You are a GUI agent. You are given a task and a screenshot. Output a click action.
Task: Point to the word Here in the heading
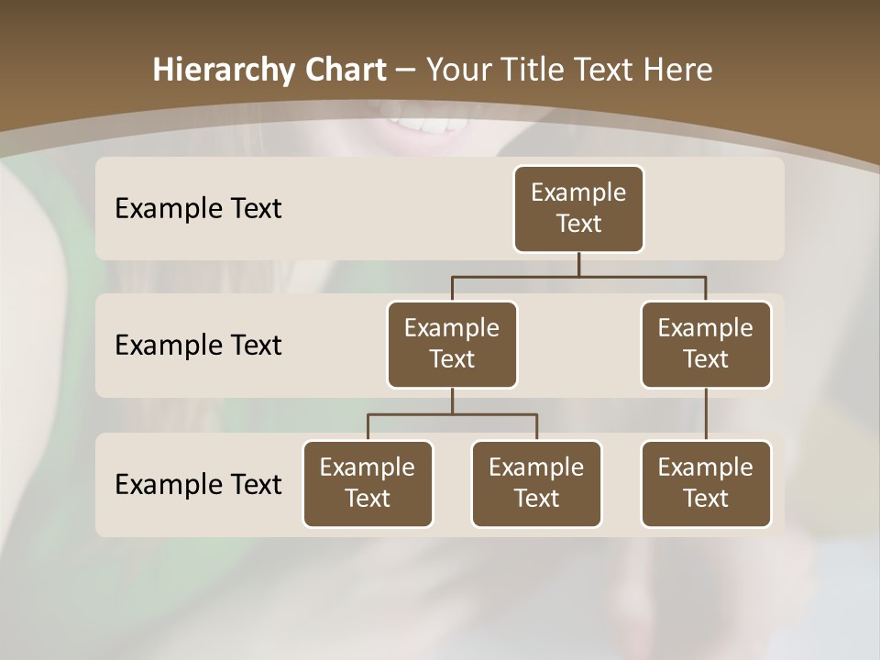pyautogui.click(x=679, y=71)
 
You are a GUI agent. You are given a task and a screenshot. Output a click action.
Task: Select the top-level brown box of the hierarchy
pyautogui.click(x=578, y=209)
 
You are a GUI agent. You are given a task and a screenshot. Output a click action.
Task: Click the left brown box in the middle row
pyautogui.click(x=452, y=345)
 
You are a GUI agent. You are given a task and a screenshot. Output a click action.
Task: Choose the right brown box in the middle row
pyautogui.click(x=706, y=345)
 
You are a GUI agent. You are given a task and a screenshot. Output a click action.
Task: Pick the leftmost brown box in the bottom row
pyautogui.click(x=368, y=484)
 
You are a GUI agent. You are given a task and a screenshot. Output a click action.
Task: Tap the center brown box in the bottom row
pyautogui.click(x=536, y=484)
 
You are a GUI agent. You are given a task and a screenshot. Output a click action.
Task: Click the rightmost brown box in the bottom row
pyautogui.click(x=706, y=484)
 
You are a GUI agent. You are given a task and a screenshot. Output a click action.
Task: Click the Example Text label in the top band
pyautogui.click(x=198, y=209)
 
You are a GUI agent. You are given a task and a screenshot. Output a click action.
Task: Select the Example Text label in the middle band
pyautogui.click(x=198, y=346)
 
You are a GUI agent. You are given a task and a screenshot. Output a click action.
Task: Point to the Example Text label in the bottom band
pyautogui.click(x=198, y=485)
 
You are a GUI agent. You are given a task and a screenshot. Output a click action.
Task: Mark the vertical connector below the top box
pyautogui.click(x=578, y=265)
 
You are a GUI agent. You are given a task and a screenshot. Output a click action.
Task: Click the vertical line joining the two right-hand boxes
pyautogui.click(x=706, y=414)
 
